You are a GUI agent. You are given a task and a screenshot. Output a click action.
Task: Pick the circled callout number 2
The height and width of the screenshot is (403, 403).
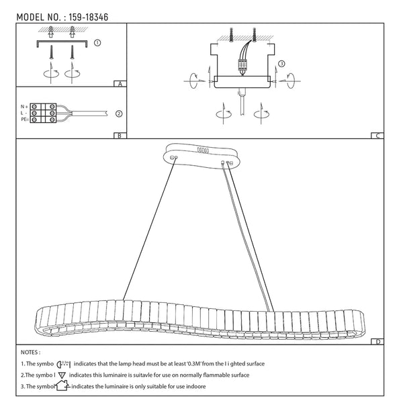(119, 114)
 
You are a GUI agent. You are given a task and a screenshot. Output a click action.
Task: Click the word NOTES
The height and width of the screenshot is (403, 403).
(31, 351)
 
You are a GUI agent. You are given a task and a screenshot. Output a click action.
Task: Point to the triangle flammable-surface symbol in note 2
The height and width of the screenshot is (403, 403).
(62, 375)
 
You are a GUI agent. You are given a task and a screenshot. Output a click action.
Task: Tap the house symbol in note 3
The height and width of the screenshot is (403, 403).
(62, 386)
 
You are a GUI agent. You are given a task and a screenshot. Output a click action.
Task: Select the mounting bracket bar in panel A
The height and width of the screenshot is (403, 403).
(62, 42)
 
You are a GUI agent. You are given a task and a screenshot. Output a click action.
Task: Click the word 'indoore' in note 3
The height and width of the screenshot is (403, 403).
(194, 388)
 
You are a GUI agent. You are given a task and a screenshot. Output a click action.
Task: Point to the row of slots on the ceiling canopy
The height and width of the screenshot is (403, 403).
(202, 150)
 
